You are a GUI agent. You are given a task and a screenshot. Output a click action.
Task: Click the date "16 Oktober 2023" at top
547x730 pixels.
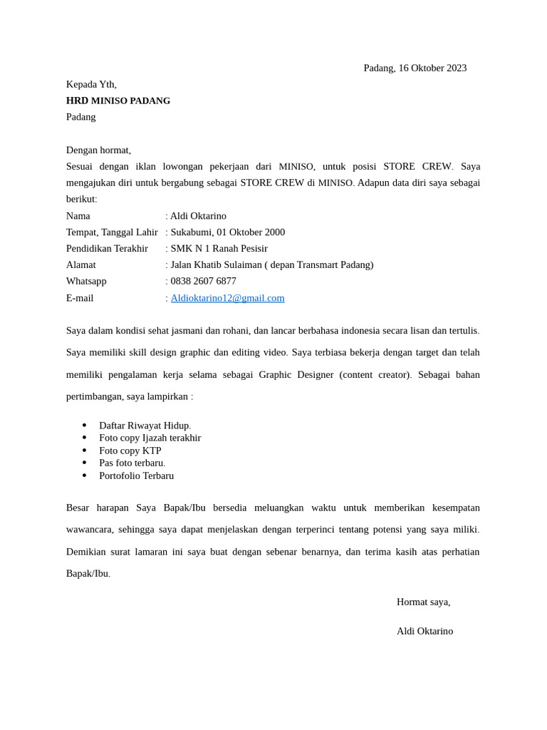432,68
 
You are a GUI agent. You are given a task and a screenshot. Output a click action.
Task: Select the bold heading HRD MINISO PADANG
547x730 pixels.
118,101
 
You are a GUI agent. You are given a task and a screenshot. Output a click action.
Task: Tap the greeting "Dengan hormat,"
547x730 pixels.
98,150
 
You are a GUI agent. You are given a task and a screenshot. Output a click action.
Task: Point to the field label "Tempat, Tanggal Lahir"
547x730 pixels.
112,232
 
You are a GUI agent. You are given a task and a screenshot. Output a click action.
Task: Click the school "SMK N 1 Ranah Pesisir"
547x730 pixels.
219,249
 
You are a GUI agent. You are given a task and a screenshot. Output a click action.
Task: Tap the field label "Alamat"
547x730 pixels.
81,265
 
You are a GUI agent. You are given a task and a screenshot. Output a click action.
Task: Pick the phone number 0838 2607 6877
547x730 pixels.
204,282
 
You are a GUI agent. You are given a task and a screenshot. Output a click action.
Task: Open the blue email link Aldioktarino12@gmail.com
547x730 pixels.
227,298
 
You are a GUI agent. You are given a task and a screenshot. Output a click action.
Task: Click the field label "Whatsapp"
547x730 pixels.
86,282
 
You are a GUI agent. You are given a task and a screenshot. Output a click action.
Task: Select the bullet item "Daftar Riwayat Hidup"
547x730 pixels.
145,426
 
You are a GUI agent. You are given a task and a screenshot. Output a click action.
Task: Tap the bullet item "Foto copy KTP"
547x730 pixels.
130,451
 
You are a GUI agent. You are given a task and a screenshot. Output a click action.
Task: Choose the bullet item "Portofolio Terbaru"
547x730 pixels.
136,475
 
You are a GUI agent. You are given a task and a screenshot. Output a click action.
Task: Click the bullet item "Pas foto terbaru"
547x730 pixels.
132,463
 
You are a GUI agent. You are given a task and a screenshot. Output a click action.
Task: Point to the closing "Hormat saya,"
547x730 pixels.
423,602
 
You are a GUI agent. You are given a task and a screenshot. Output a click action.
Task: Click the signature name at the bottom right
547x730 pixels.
424,631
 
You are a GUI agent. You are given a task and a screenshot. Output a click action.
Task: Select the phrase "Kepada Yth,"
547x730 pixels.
91,84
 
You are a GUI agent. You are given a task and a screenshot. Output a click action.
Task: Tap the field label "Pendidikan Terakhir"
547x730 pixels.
107,249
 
